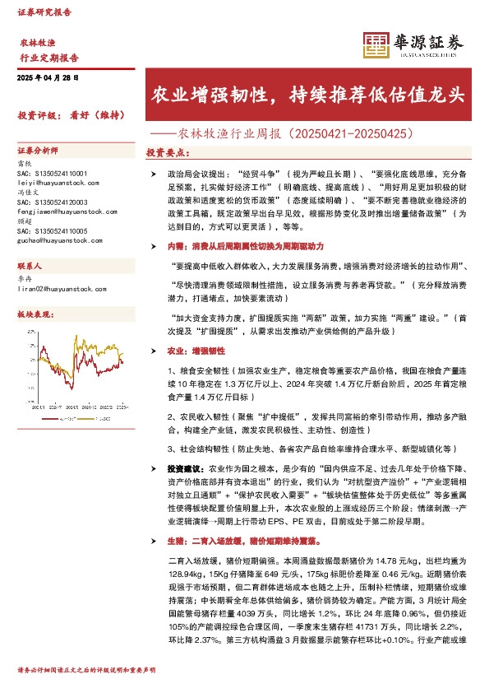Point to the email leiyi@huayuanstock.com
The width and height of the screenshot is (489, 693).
[x=58, y=183]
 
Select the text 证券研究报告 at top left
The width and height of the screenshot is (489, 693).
[x=44, y=13]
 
